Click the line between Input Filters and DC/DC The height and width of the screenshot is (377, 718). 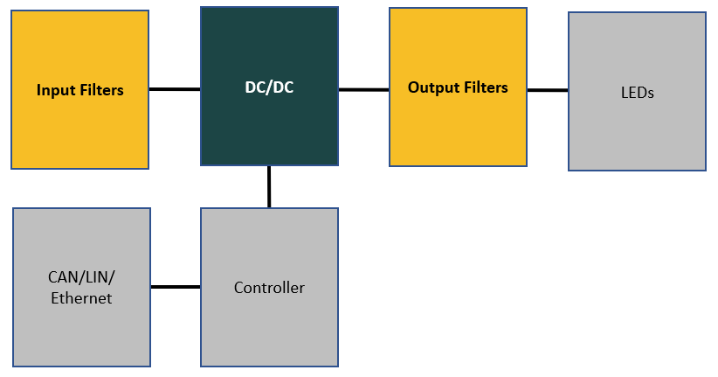tap(175, 89)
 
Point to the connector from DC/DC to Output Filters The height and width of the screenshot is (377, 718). tap(363, 89)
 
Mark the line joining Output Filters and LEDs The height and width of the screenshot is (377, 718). tap(548, 90)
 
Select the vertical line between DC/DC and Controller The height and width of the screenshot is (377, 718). tap(269, 186)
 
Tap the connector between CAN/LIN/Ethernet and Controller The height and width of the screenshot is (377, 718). tap(176, 287)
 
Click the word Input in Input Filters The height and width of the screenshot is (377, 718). tap(54, 90)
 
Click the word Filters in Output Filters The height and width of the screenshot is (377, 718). tap(482, 87)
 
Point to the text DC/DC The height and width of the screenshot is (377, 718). tap(269, 87)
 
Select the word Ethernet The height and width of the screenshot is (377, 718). tap(81, 298)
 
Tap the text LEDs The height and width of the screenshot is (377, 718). tap(637, 92)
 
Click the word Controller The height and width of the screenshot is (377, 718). tap(269, 288)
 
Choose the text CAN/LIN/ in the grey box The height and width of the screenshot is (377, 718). tap(81, 277)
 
